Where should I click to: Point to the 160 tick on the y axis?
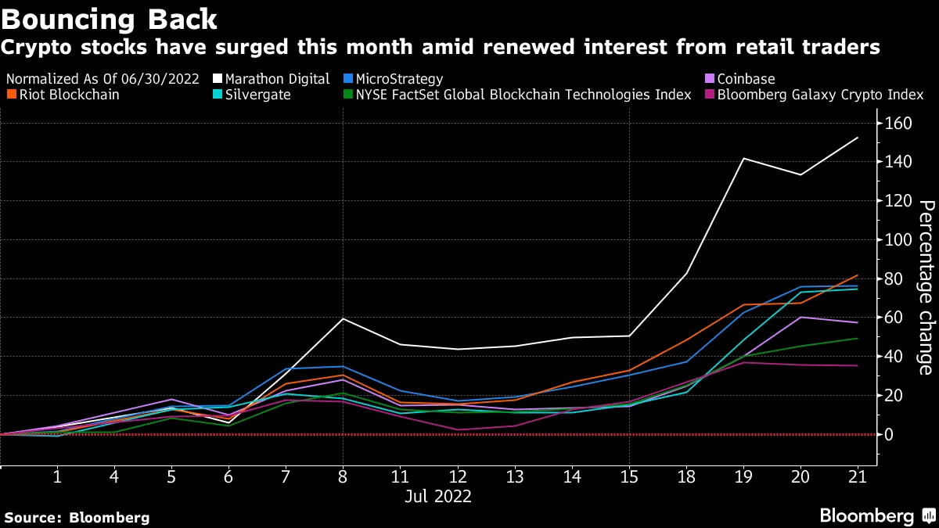point(899,124)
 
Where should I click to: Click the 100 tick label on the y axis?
point(899,240)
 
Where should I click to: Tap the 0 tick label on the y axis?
point(890,435)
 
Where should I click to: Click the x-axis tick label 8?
point(343,477)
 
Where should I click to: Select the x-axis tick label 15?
point(628,477)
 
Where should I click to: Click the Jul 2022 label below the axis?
point(438,497)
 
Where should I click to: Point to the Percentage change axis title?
point(925,287)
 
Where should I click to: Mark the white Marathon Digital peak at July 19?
point(743,159)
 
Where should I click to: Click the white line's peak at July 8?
point(343,318)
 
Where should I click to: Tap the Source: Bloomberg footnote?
point(77,517)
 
